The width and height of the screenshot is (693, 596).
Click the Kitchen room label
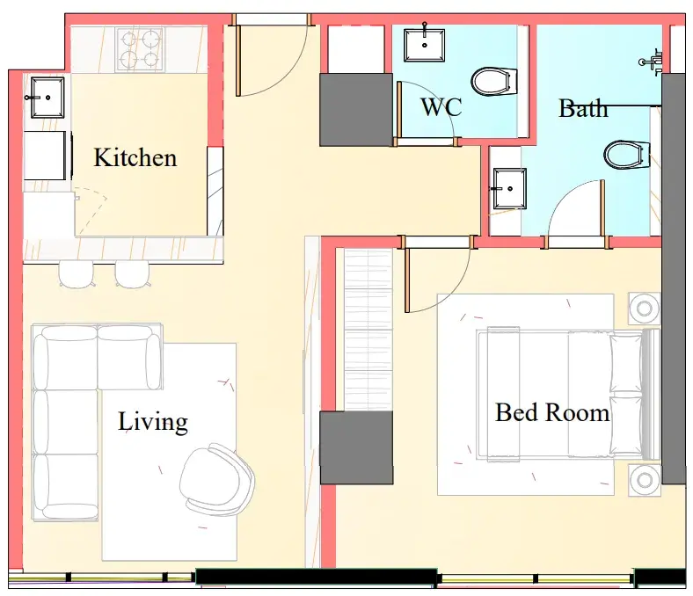pyautogui.click(x=135, y=157)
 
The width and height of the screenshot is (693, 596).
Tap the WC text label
pyautogui.click(x=441, y=107)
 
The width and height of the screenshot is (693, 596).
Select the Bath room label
pyautogui.click(x=583, y=108)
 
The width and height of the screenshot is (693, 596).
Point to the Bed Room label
pyautogui.click(x=552, y=412)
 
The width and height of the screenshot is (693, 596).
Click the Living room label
pyautogui.click(x=152, y=422)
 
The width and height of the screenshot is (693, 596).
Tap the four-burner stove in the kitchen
pyautogui.click(x=140, y=49)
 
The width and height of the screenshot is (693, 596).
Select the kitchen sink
pyautogui.click(x=47, y=98)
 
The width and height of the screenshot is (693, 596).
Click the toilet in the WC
pyautogui.click(x=494, y=81)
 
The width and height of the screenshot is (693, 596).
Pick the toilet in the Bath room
pyautogui.click(x=627, y=155)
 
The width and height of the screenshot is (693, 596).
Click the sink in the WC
pyautogui.click(x=424, y=45)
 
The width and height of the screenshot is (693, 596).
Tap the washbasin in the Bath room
pyautogui.click(x=509, y=189)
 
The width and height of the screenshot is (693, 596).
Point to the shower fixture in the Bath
pyautogui.click(x=653, y=62)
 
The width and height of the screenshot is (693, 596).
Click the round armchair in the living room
pyautogui.click(x=216, y=479)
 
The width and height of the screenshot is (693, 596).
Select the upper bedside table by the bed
pyautogui.click(x=645, y=308)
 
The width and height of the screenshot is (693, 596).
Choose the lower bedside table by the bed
pyautogui.click(x=645, y=479)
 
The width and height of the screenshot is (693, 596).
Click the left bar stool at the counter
pyautogui.click(x=77, y=274)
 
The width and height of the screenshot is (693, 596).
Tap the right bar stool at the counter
pyautogui.click(x=132, y=274)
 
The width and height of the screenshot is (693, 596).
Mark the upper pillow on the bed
pyautogui.click(x=626, y=363)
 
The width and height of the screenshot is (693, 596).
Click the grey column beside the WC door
pyautogui.click(x=356, y=110)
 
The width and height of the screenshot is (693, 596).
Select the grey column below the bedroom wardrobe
pyautogui.click(x=356, y=447)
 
